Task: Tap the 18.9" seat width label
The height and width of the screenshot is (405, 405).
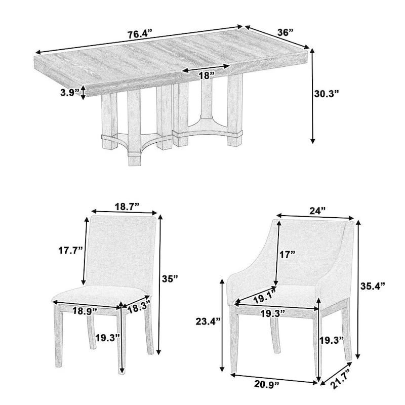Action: pyautogui.click(x=86, y=311)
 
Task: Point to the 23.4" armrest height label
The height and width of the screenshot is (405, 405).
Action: pyautogui.click(x=208, y=320)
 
